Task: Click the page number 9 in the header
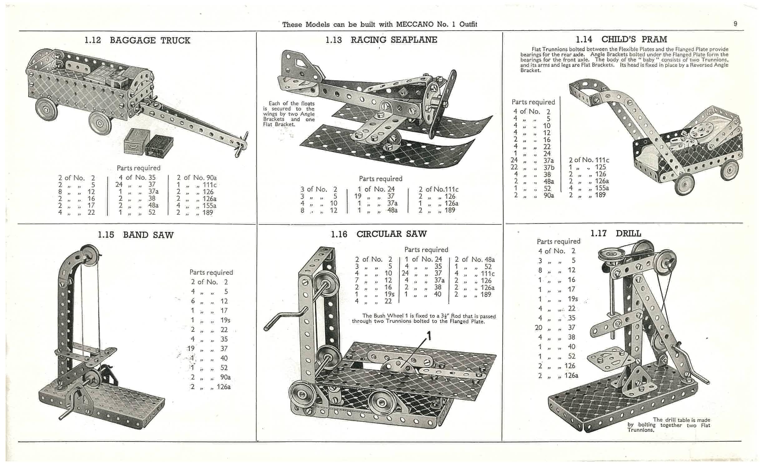pyautogui.click(x=735, y=24)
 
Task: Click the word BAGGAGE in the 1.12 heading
pyautogui.click(x=133, y=41)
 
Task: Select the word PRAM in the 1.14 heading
pyautogui.click(x=654, y=40)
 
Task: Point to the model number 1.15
pyautogui.click(x=106, y=235)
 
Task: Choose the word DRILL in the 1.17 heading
pyautogui.click(x=628, y=234)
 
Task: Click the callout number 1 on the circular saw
pyautogui.click(x=429, y=336)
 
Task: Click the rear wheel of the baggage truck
pyautogui.click(x=47, y=110)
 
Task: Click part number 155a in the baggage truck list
pyautogui.click(x=209, y=206)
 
